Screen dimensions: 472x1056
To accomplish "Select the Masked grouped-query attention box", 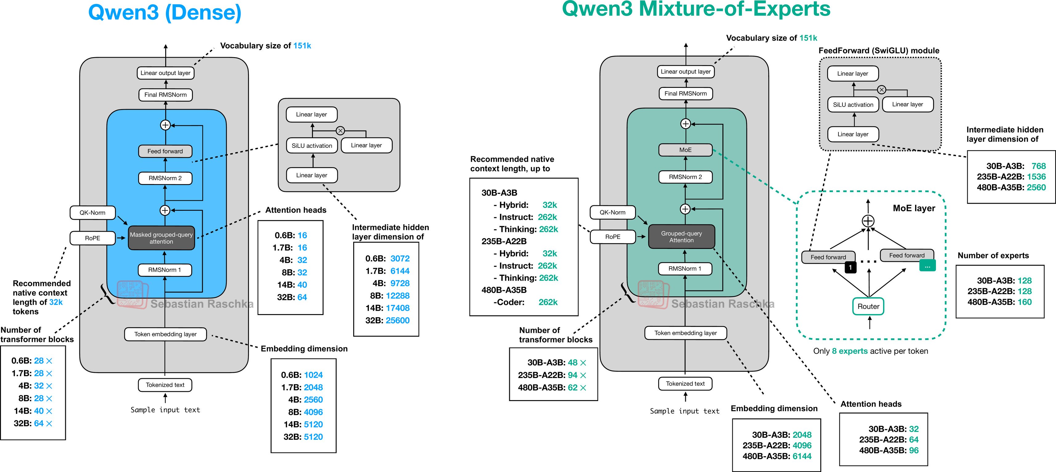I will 161,238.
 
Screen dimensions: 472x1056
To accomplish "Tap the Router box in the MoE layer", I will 868,306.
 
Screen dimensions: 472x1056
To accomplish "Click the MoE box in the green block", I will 685,150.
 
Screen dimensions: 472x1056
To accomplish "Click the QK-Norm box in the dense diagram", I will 92,212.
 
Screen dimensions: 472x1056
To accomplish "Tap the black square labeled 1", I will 850,267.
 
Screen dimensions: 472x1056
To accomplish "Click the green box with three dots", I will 927,266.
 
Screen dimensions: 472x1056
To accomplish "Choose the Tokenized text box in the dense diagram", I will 165,385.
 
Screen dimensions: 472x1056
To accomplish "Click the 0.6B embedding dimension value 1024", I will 313,375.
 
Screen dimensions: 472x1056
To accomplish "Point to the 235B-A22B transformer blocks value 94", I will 572,375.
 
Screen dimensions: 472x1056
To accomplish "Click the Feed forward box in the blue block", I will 165,151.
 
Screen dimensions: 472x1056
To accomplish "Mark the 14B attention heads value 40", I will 302,285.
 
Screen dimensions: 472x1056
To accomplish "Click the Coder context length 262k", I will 548,302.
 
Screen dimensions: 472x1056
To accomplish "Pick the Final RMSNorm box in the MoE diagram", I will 686,93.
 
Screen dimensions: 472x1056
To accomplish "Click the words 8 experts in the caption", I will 850,351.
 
